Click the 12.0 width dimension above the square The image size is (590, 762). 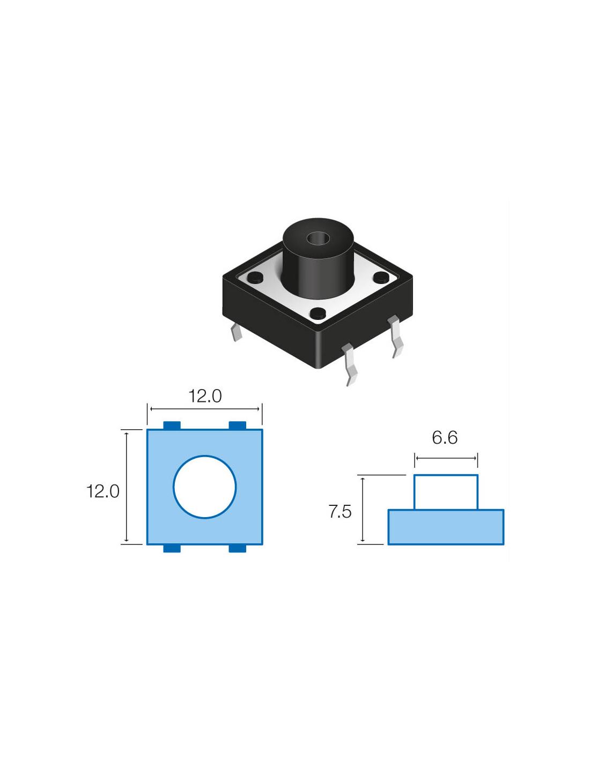click(x=205, y=396)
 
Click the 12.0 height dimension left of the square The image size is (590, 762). click(x=103, y=491)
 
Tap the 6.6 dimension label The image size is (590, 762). click(x=445, y=438)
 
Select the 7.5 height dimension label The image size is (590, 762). click(x=340, y=512)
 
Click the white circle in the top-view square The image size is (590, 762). click(x=205, y=487)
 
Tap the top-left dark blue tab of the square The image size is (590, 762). click(x=172, y=425)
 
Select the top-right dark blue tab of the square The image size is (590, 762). click(x=238, y=425)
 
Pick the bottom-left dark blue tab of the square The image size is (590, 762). click(x=172, y=548)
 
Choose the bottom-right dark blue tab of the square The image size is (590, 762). click(x=238, y=548)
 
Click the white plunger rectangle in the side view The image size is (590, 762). click(x=446, y=492)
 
